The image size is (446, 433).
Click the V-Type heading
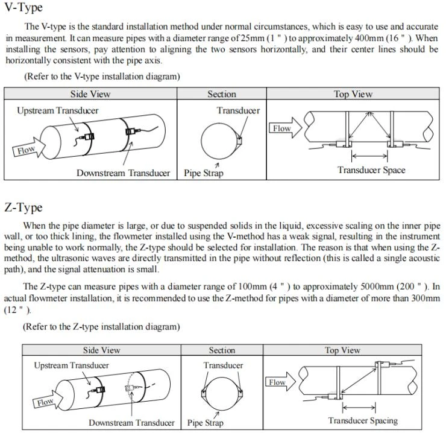[x=24, y=7]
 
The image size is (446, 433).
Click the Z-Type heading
[x=24, y=207]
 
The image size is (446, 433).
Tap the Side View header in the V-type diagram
[x=90, y=94]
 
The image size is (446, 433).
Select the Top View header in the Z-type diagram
[x=342, y=350]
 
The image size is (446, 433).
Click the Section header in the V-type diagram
[x=222, y=94]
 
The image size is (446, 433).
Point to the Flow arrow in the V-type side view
[x=29, y=148]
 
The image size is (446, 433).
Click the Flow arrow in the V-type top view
[x=285, y=128]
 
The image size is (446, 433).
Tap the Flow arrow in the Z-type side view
[x=48, y=400]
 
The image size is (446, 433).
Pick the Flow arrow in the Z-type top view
[x=280, y=382]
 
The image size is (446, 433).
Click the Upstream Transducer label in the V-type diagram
[x=58, y=110]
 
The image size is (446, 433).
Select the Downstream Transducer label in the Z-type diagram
[x=132, y=423]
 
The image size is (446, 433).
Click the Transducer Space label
[x=371, y=170]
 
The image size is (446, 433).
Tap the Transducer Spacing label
[x=363, y=420]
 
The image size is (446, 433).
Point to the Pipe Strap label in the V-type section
[x=203, y=173]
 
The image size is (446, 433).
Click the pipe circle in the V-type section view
[x=201, y=141]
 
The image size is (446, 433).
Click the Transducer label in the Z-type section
[x=223, y=365]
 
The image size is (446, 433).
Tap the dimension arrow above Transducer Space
[x=369, y=156]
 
